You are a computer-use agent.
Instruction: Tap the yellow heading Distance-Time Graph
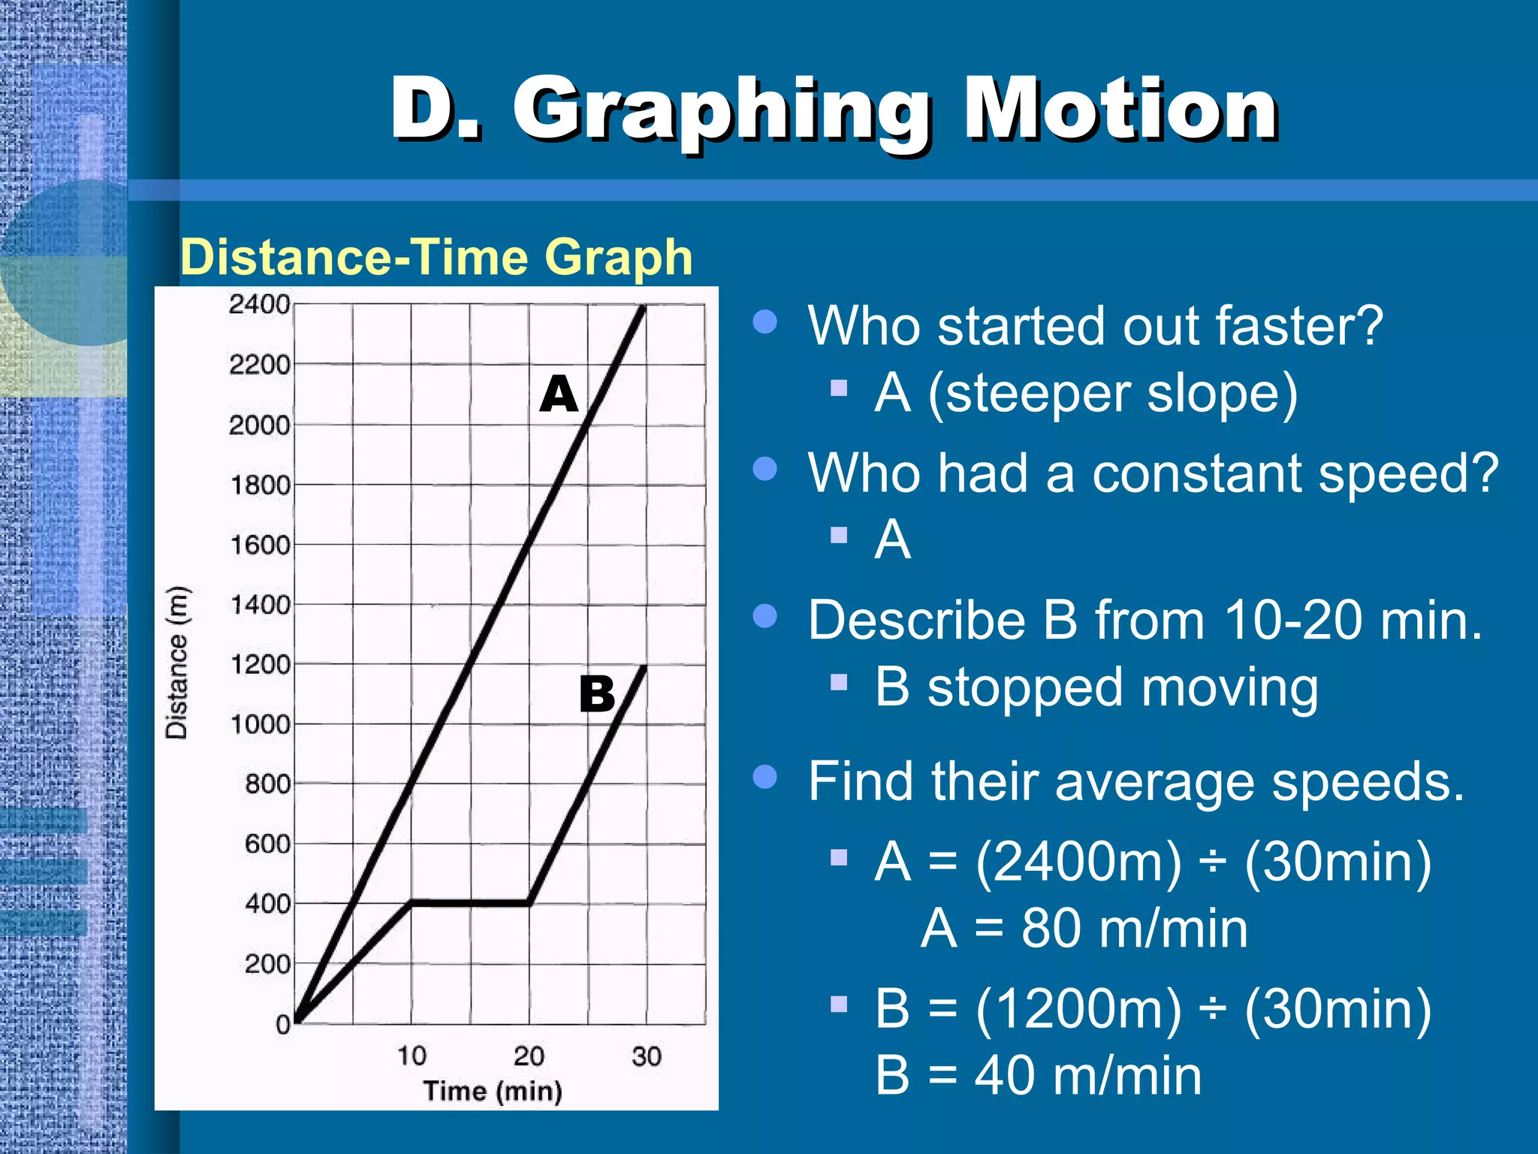click(436, 257)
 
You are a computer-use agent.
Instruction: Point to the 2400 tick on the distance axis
click(259, 304)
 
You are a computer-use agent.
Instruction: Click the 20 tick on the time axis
click(529, 1056)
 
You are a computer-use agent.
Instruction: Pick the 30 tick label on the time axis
click(646, 1056)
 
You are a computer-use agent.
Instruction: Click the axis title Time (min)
click(493, 1091)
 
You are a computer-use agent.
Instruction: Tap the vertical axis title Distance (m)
click(177, 662)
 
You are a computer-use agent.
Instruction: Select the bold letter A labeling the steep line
click(559, 394)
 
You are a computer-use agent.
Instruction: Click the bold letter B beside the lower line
click(597, 693)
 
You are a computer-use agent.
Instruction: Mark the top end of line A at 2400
click(644, 307)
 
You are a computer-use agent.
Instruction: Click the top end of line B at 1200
click(644, 667)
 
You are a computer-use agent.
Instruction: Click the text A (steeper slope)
click(1086, 394)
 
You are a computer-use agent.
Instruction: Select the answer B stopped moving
click(1096, 687)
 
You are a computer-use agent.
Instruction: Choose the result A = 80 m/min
click(1084, 929)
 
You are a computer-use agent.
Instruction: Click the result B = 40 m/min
click(1039, 1075)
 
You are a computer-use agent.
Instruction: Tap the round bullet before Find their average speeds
click(764, 777)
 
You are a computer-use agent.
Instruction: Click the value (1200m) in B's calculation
click(1078, 1008)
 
